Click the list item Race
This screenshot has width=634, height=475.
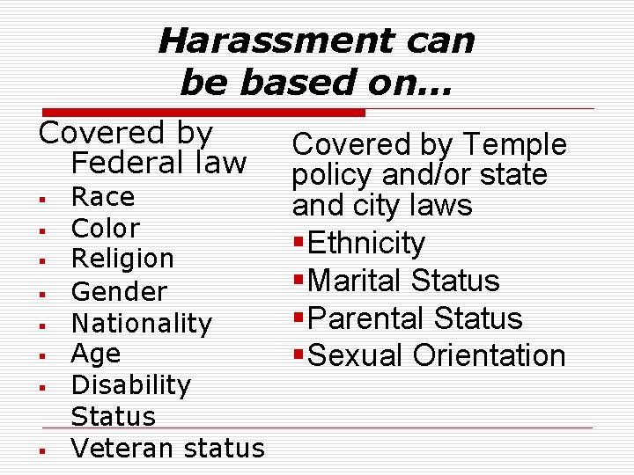102,196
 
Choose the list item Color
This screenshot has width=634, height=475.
105,228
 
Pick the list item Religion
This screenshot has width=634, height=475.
122,259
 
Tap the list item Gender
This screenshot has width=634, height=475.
118,291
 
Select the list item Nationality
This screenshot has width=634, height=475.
141,324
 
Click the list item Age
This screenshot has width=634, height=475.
95,354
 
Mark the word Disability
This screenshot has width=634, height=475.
130,385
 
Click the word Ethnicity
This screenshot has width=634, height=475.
367,243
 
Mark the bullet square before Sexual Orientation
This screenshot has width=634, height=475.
300,356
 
